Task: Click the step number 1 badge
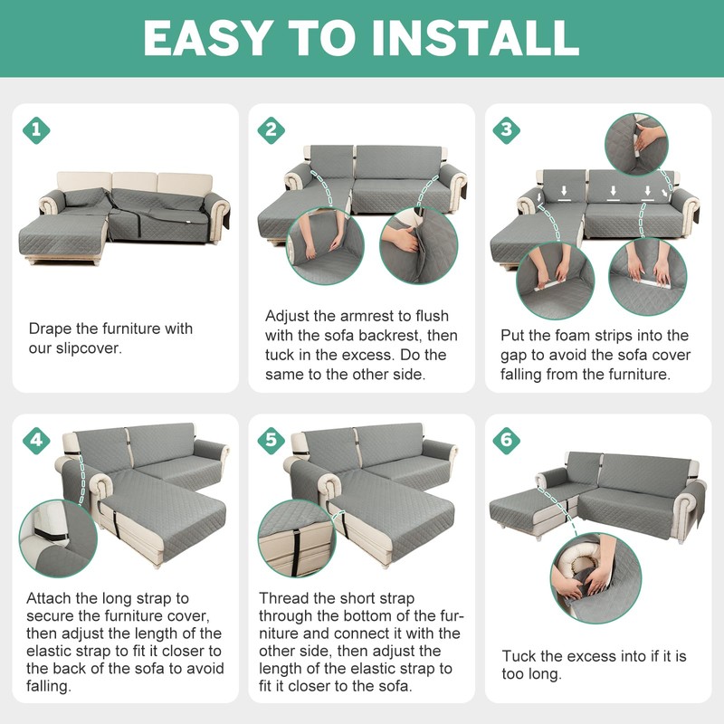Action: pos(36,129)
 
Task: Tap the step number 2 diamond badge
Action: pos(271,129)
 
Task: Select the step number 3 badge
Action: pos(507,129)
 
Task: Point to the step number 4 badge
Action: pos(36,440)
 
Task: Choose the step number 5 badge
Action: pos(271,440)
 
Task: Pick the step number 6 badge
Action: pos(507,440)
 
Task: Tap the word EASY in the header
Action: pos(207,38)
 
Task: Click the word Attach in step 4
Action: pos(49,598)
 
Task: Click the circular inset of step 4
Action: pos(58,538)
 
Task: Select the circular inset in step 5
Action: pos(297,538)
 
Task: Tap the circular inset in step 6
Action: pos(595,578)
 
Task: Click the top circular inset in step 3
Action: pos(636,144)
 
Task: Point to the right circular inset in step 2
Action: pos(419,245)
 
